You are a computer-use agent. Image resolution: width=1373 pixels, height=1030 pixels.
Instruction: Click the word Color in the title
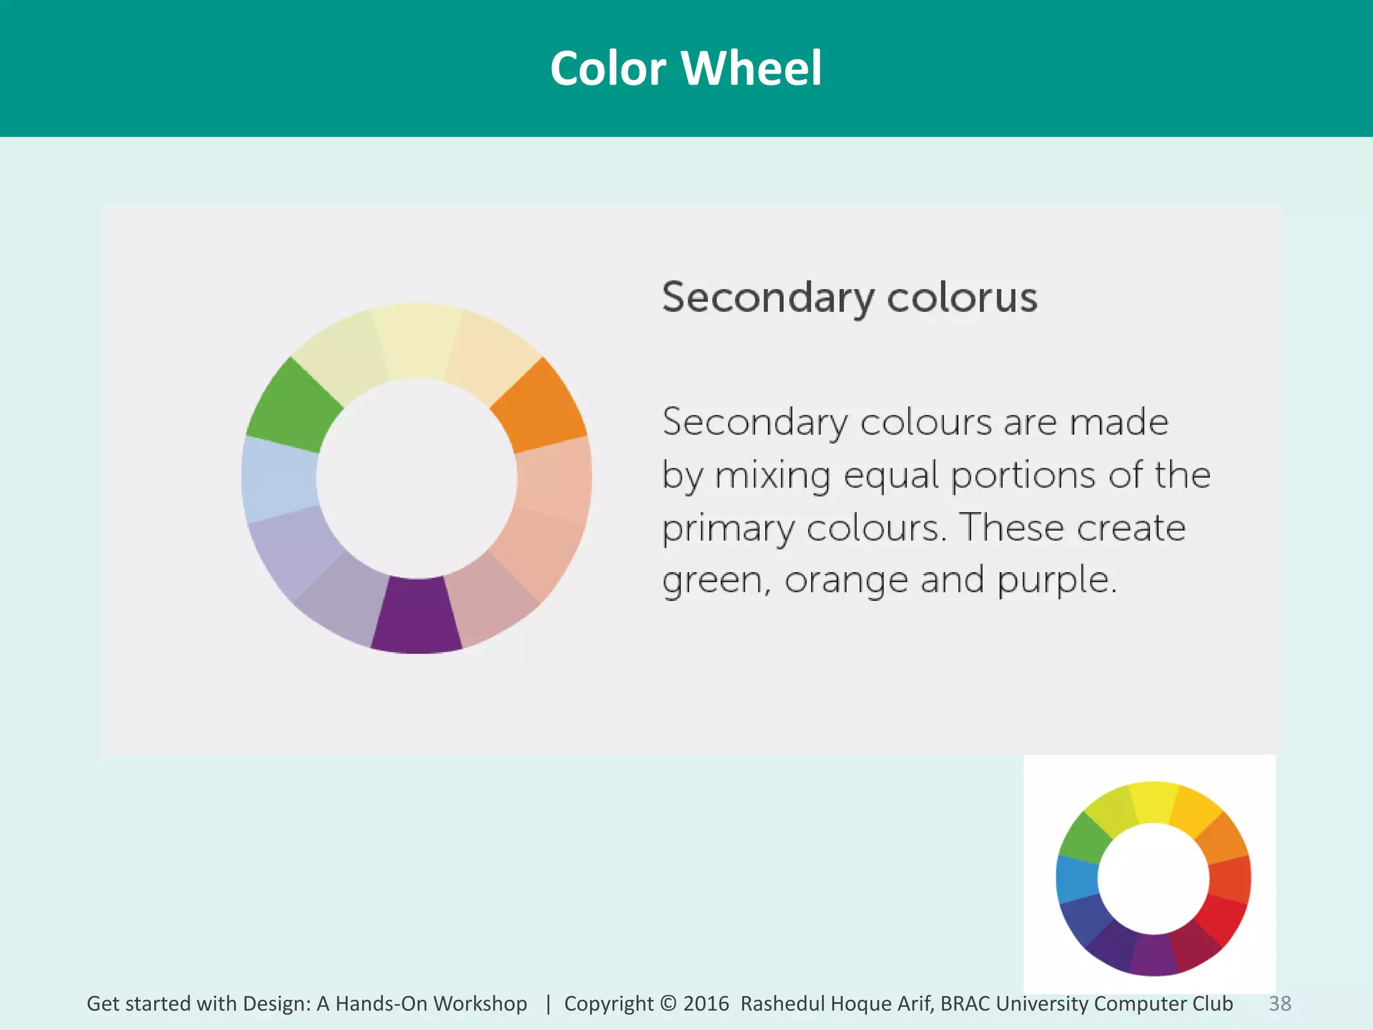(608, 68)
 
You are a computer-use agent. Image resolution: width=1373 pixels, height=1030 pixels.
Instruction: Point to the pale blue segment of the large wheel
(278, 479)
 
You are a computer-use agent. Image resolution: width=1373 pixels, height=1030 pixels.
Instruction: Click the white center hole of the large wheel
(416, 477)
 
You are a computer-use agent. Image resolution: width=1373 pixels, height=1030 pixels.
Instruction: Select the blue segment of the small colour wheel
(1077, 878)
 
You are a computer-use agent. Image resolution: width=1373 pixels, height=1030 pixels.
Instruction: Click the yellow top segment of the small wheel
(1153, 801)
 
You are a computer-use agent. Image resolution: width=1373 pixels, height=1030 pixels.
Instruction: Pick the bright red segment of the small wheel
(1221, 919)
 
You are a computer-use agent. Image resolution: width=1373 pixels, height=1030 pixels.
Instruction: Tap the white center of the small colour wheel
(1153, 878)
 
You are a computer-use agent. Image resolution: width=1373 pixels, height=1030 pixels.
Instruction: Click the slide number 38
(1280, 1003)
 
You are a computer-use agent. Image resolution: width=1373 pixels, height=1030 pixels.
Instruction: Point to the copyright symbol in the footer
(668, 1003)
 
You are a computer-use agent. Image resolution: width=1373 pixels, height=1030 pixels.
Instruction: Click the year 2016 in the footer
(706, 1003)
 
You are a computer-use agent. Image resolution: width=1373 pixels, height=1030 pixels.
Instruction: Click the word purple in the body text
(1057, 581)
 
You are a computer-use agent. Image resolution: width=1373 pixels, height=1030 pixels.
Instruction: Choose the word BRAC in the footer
(965, 1003)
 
